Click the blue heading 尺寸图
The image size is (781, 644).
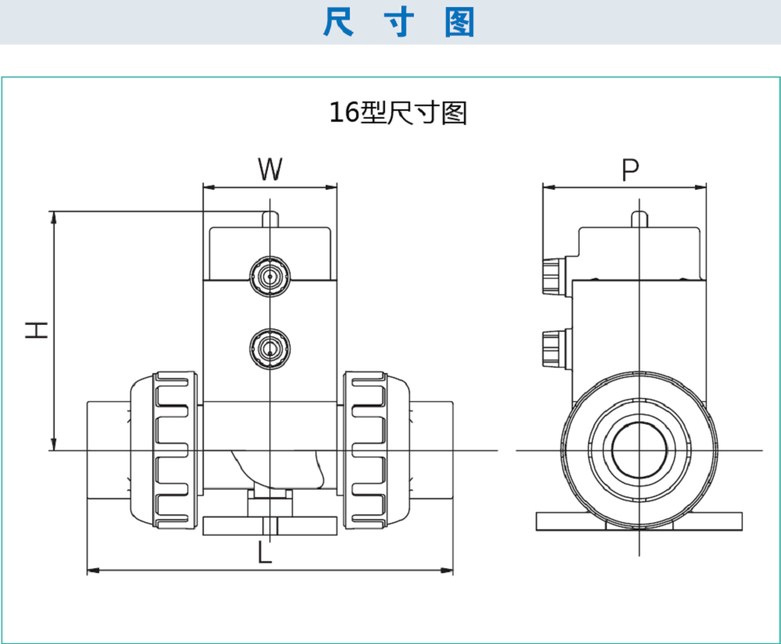point(398,23)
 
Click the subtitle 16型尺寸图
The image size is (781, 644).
point(398,113)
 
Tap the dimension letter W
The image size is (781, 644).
point(269,169)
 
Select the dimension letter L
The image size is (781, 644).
point(266,553)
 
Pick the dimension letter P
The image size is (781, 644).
point(630,169)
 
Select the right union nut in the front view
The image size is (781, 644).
point(374,449)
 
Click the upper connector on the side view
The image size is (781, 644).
point(552,276)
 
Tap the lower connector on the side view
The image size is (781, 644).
point(552,347)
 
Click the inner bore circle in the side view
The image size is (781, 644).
point(639,450)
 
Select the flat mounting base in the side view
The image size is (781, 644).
point(639,521)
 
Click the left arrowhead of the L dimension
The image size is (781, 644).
point(89,571)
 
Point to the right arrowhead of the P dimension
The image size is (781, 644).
point(703,187)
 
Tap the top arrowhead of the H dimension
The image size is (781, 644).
point(54,215)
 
